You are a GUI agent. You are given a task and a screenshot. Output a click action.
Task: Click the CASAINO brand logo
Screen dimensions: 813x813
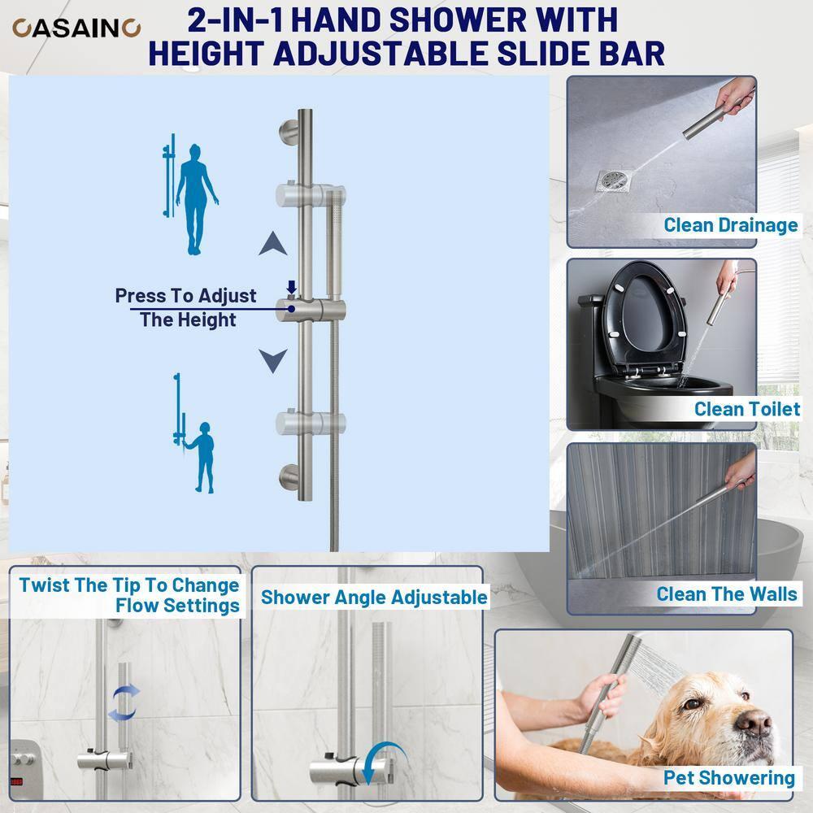[76, 28]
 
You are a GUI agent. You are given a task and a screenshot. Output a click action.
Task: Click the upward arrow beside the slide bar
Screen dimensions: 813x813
[273, 243]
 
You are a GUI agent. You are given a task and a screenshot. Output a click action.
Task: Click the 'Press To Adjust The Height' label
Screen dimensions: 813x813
[186, 307]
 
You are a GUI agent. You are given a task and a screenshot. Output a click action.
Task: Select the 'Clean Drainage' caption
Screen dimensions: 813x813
[730, 224]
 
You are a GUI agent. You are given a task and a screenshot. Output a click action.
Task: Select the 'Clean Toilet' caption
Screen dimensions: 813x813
[746, 408]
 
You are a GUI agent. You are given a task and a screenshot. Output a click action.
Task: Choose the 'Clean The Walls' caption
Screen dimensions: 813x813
[726, 593]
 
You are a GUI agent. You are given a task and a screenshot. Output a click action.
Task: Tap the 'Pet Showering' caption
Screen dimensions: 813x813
[728, 777]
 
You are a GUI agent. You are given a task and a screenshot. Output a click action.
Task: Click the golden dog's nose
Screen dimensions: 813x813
[754, 721]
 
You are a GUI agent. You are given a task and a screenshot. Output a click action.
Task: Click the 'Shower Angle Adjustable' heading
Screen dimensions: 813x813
[374, 598]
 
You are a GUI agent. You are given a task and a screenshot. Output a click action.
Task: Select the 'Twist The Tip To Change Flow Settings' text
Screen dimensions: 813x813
[130, 595]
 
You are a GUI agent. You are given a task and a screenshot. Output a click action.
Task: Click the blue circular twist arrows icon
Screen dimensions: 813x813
[124, 702]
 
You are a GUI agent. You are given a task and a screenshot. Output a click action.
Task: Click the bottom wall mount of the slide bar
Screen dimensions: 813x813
[289, 476]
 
